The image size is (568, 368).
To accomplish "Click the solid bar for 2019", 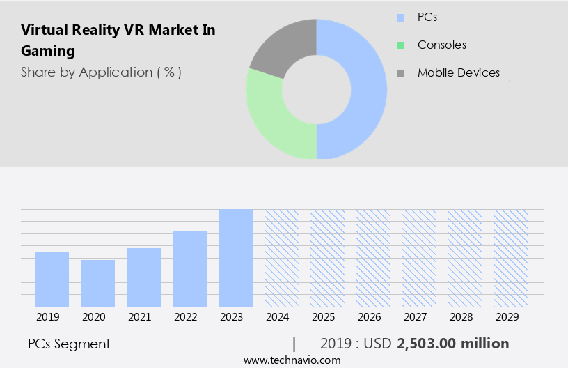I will (x=52, y=279).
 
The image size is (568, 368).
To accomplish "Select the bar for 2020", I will (x=97, y=283).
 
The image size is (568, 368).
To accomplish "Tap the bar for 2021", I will (x=143, y=277).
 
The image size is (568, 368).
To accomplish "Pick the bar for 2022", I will (x=189, y=268).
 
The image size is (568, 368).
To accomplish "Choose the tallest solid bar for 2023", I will (x=235, y=258).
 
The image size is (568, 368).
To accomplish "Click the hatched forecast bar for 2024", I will (x=281, y=258).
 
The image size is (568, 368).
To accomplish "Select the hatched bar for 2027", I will (x=419, y=258).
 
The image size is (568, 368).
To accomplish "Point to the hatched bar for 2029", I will (x=511, y=258).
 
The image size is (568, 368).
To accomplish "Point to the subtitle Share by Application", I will (x=101, y=72).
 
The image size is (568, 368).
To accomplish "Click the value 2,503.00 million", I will (x=452, y=344).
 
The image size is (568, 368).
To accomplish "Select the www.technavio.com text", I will (x=292, y=360).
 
